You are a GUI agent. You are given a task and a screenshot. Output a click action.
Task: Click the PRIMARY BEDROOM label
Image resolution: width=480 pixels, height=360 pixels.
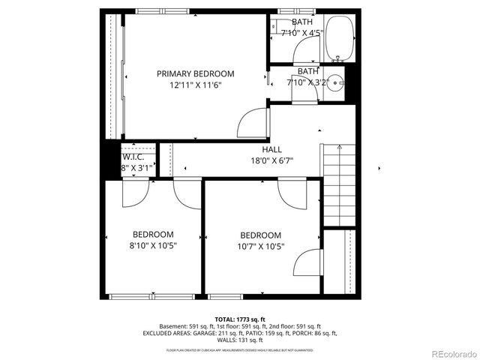(195, 73)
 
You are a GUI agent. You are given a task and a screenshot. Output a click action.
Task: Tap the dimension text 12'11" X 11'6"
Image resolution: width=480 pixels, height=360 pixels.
(195, 85)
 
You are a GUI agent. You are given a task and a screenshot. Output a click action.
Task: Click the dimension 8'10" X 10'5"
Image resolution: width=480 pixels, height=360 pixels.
(153, 245)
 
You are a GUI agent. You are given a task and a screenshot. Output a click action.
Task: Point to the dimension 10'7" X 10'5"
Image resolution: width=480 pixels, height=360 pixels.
(261, 246)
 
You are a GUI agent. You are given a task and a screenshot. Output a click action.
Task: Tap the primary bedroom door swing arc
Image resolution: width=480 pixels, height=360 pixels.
(253, 121)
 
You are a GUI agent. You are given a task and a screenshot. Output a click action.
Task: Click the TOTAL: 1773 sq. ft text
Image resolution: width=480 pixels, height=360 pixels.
(240, 318)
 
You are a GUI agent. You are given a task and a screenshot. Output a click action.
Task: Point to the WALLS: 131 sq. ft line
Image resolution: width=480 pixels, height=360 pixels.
(240, 340)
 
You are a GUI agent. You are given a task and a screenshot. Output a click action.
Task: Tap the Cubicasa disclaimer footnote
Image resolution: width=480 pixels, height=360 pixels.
(240, 349)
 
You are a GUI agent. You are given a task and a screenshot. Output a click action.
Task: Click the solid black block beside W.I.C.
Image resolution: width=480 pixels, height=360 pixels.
(111, 160)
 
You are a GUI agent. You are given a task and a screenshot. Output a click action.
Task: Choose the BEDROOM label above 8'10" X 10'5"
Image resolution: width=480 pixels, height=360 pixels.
(153, 234)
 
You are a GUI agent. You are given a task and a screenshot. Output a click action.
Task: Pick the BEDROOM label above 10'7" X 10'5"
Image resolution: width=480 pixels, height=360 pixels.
(261, 235)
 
